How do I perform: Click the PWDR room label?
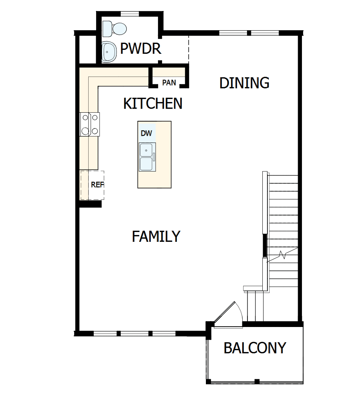coord(141,49)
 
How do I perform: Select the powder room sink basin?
coord(108,52)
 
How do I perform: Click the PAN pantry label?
coord(169,82)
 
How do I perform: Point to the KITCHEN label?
coord(153,104)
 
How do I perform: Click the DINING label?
coord(244,83)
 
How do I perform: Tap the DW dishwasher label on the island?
coord(146,133)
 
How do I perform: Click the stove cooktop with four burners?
coord(90,124)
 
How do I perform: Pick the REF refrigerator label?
coord(96,184)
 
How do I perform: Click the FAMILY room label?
coord(156,236)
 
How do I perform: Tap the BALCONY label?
coord(255,348)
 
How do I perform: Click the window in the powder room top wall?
coord(129,14)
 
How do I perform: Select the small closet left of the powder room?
coord(87,49)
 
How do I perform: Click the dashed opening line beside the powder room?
coord(189,49)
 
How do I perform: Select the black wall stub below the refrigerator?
coord(91,204)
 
